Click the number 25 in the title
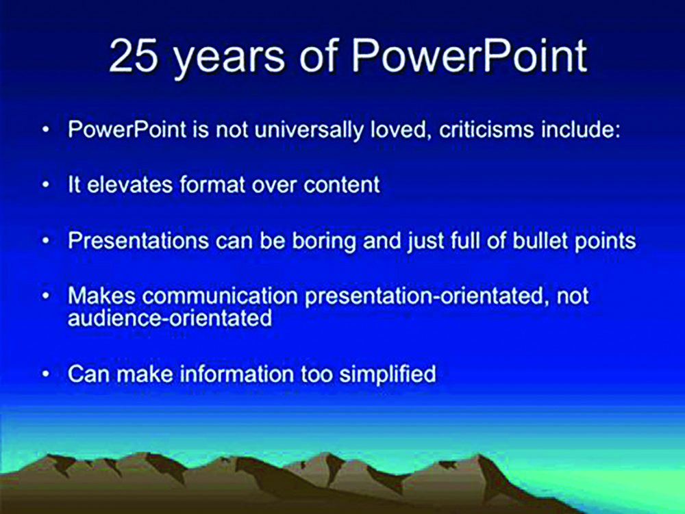pyautogui.click(x=133, y=56)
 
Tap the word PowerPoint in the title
pyautogui.click(x=470, y=56)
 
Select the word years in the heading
pyautogui.click(x=229, y=61)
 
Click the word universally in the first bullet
pyautogui.click(x=308, y=130)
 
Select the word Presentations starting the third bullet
pyautogui.click(x=138, y=240)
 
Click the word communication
pyautogui.click(x=220, y=296)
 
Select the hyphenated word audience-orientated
pyautogui.click(x=170, y=318)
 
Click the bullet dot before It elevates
pyautogui.click(x=46, y=185)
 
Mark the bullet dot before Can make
pyautogui.click(x=46, y=374)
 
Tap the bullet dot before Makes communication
pyautogui.click(x=46, y=296)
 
